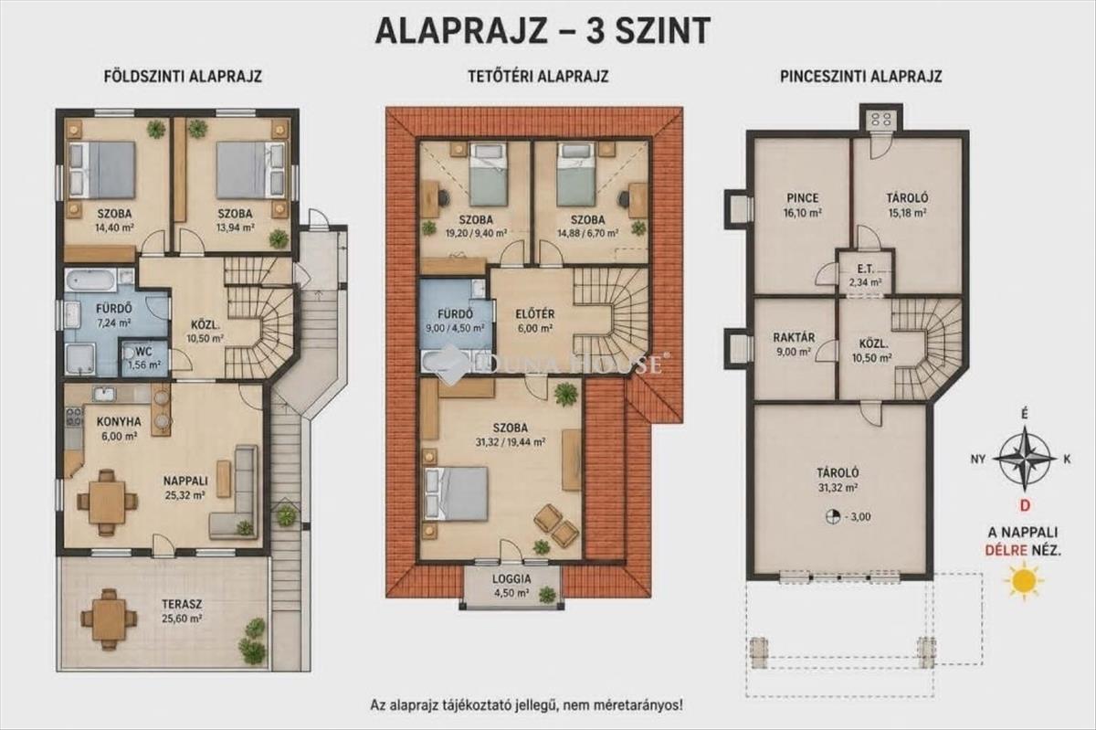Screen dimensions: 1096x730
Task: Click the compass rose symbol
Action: [x=1025, y=460]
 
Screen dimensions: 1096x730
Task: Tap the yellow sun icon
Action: [x=1024, y=581]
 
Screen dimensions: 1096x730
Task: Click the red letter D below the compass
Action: [x=1025, y=506]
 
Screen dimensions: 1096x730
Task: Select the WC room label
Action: [x=144, y=351]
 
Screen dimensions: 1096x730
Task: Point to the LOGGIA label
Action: [x=511, y=578]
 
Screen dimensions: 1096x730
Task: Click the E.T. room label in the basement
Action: [x=866, y=269]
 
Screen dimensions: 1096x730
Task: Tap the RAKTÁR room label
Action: [x=794, y=338]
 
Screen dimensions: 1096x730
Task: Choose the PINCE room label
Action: [x=803, y=198]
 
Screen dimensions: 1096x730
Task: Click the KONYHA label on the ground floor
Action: [x=119, y=421]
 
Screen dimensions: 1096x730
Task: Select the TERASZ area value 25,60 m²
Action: [x=182, y=619]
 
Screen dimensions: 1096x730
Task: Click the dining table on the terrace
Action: [x=107, y=619]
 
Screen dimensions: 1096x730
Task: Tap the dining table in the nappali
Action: [x=107, y=502]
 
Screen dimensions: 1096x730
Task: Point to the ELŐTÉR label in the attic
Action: [x=535, y=314]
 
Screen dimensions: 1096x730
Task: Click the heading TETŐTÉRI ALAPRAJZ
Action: [x=538, y=77]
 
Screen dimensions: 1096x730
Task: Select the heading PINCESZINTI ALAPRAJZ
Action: [x=861, y=77]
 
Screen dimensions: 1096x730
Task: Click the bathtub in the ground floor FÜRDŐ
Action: [x=90, y=280]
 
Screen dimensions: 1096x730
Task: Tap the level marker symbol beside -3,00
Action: [x=832, y=517]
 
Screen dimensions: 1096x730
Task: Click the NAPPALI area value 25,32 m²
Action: [x=184, y=495]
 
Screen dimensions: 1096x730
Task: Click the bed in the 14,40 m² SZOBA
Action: [x=101, y=170]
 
